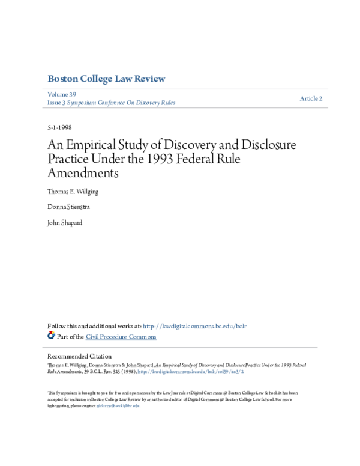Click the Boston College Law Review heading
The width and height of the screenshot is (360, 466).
[106, 79]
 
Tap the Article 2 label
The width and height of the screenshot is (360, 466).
[311, 98]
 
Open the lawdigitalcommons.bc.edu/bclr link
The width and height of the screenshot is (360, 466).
[203, 326]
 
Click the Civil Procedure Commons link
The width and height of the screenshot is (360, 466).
[121, 337]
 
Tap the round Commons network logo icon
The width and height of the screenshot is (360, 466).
[51, 336]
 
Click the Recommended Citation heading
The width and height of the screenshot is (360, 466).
[79, 356]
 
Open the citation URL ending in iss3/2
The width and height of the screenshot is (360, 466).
[191, 372]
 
